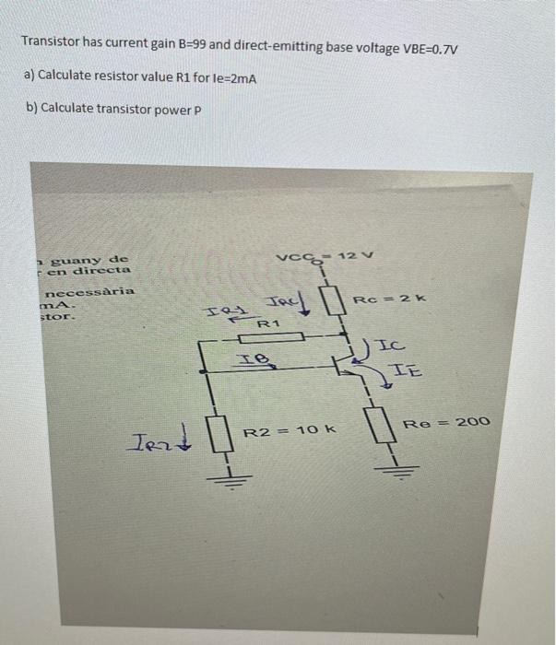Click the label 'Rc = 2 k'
click(x=371, y=298)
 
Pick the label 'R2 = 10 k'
click(x=290, y=430)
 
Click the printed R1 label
click(x=267, y=324)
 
